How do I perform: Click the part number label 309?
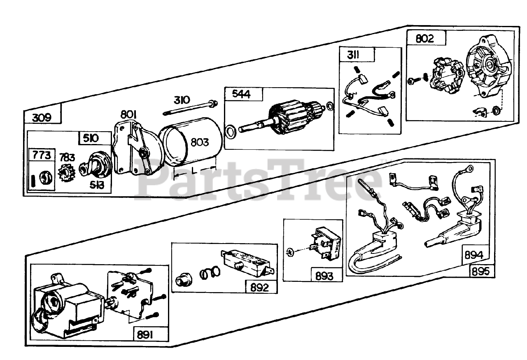tap(42, 118)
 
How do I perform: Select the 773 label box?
tap(42, 155)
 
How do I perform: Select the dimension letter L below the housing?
tap(194, 170)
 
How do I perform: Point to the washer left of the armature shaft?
tap(232, 132)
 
